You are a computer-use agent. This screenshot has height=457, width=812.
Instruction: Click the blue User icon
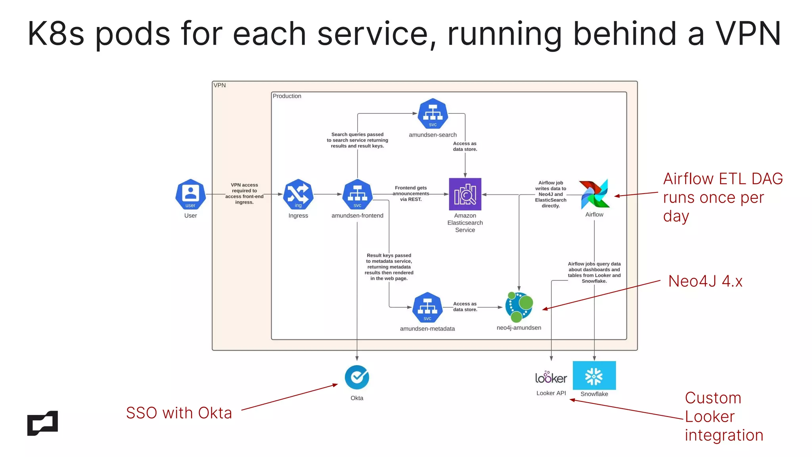tap(190, 194)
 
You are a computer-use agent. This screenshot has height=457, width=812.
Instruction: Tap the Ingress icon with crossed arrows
tap(298, 194)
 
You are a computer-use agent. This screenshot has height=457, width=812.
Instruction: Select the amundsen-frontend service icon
tap(357, 194)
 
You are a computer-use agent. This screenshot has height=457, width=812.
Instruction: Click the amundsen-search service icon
tap(433, 113)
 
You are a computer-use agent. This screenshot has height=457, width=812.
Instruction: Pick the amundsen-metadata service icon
tap(427, 307)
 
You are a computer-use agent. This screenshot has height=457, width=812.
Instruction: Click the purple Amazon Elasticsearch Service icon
tap(465, 194)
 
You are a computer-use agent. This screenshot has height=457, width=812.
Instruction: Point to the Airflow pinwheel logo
tap(594, 194)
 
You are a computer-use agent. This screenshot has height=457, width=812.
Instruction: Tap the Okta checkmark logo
tap(357, 377)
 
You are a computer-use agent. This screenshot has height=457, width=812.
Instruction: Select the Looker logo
tap(551, 378)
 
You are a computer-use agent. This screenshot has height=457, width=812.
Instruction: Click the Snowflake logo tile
tap(594, 375)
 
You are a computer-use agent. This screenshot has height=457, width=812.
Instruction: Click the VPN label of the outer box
tap(219, 85)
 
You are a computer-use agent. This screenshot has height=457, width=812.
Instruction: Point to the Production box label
tap(287, 96)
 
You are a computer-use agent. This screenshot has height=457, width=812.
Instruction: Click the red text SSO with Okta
tap(179, 413)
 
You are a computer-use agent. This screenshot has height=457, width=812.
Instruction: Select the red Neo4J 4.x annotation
tap(705, 281)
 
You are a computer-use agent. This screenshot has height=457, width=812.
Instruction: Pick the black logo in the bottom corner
tap(42, 423)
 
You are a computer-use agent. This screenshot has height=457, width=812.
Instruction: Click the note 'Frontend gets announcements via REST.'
tap(411, 194)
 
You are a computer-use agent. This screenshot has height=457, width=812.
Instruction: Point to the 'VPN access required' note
tap(244, 194)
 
